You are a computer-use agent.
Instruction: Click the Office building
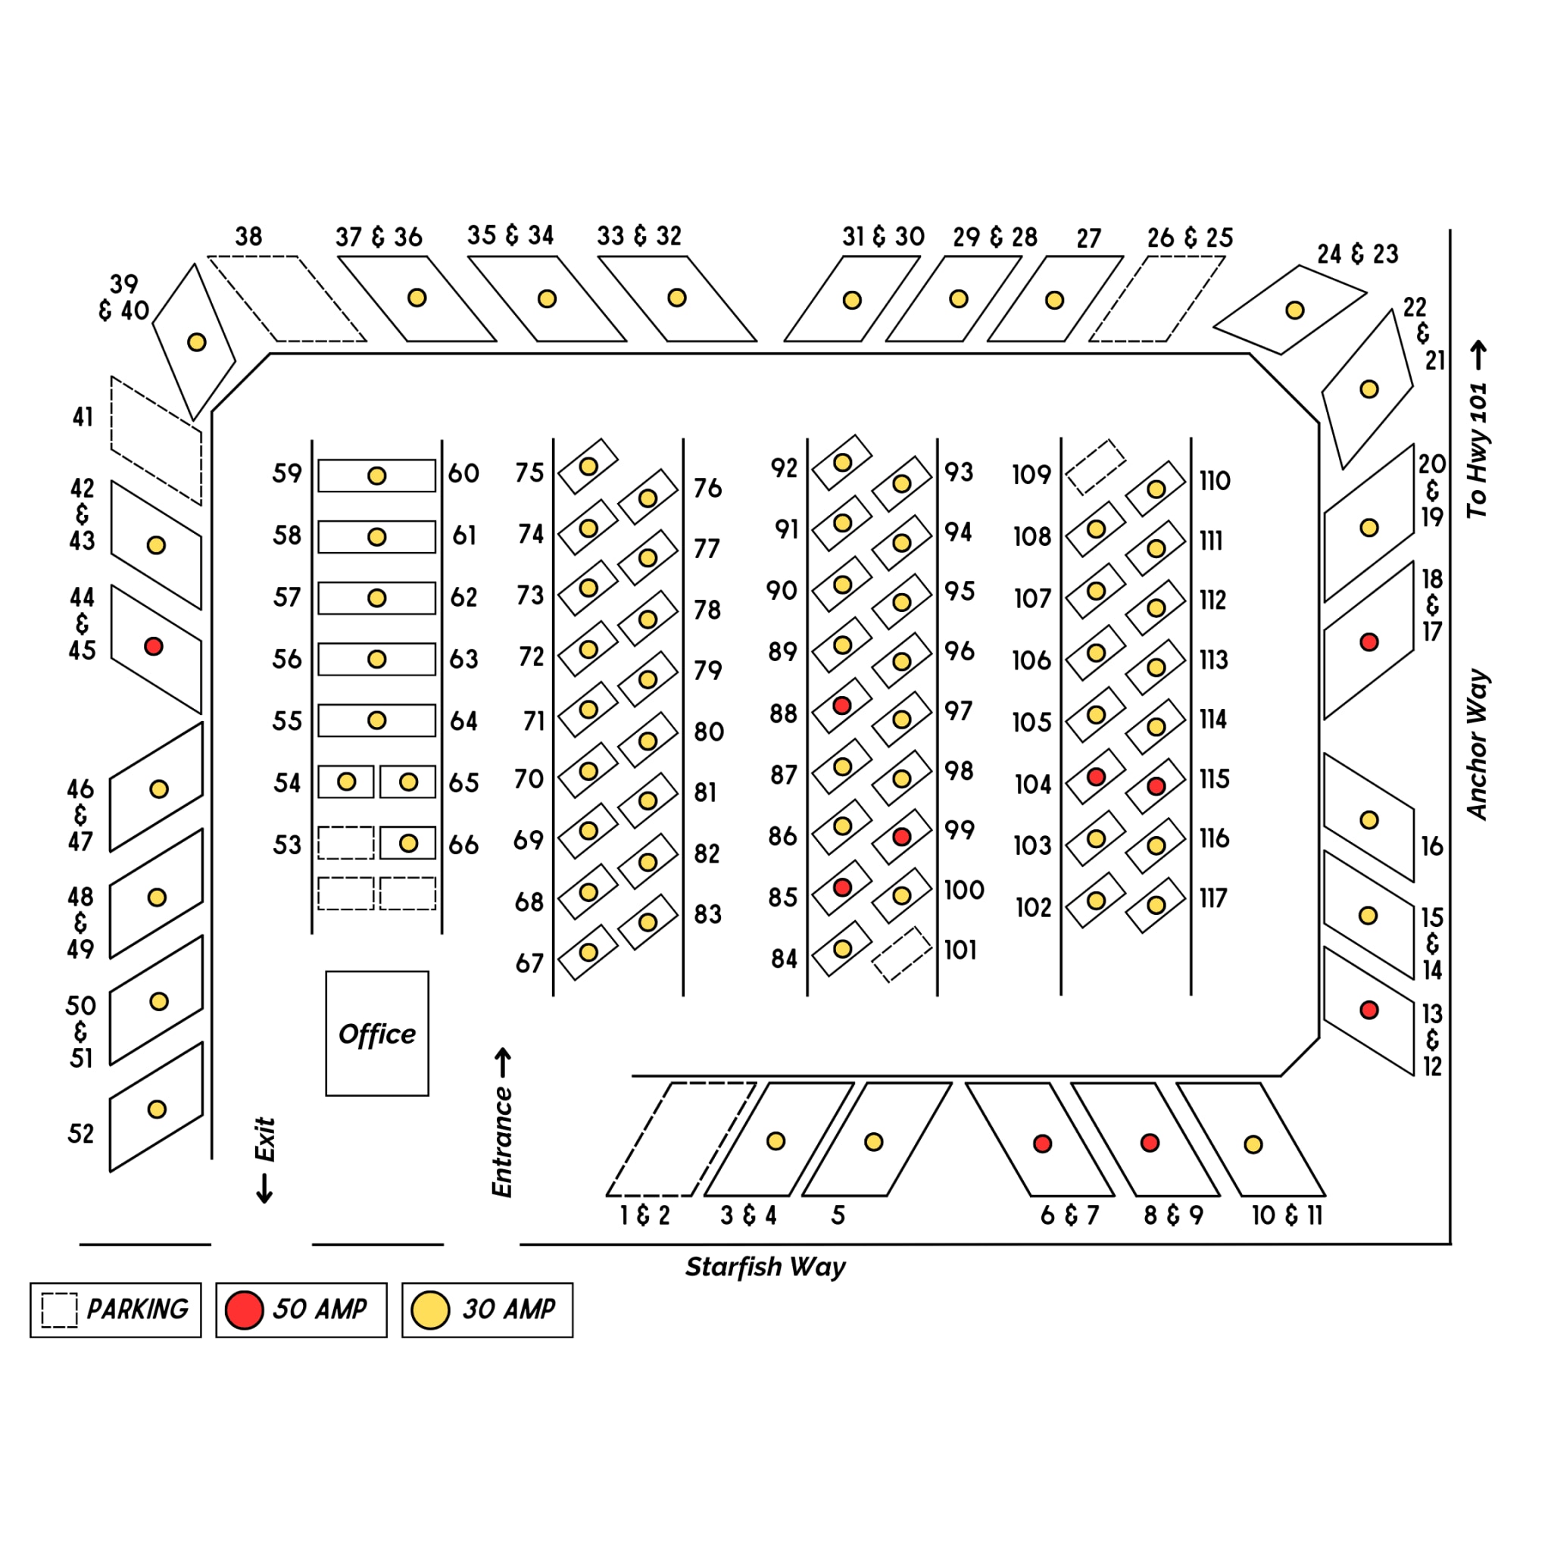(376, 1033)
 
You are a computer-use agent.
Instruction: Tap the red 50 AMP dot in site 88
(841, 706)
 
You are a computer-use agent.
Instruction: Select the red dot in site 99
(901, 837)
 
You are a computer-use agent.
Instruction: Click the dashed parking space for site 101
(901, 954)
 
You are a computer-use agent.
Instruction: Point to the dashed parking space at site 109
(1095, 467)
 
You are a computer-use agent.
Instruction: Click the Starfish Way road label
(764, 1267)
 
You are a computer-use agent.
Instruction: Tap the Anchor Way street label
(1477, 744)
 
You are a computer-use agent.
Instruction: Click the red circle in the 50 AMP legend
(244, 1310)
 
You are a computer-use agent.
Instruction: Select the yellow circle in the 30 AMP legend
(430, 1310)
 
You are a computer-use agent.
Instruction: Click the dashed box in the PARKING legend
(59, 1310)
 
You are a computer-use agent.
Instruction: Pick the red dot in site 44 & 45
(153, 646)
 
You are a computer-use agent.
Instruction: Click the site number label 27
(1088, 239)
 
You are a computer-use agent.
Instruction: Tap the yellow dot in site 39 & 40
(197, 342)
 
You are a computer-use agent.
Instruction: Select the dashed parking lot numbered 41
(156, 441)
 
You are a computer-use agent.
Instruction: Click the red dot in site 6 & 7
(1042, 1143)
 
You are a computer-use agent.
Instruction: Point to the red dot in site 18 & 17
(1368, 641)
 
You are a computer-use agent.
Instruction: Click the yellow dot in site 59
(376, 476)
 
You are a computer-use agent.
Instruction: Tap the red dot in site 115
(1156, 786)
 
